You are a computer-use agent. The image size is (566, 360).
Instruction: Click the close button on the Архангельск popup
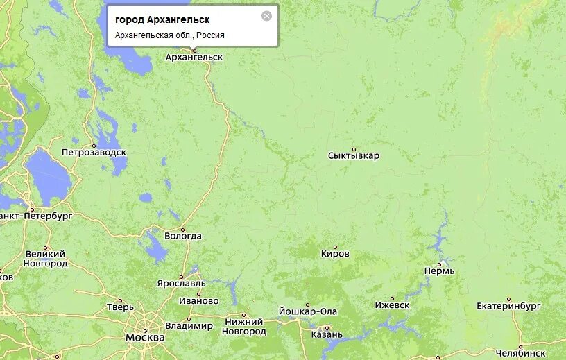(266, 16)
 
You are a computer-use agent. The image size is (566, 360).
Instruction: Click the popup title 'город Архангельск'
(162, 19)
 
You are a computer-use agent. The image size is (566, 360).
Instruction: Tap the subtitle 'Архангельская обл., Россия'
(170, 35)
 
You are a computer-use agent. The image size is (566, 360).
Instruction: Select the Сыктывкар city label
(354, 156)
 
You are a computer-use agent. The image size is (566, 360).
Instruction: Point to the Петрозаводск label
(94, 152)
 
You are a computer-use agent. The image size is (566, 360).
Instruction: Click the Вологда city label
(183, 236)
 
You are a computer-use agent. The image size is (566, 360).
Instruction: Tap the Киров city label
(336, 254)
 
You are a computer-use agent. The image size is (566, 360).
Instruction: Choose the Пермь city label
(440, 271)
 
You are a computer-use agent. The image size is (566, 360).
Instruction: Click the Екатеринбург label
(508, 306)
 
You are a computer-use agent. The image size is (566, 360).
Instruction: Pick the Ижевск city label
(392, 305)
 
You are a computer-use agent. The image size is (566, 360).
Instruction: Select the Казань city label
(327, 334)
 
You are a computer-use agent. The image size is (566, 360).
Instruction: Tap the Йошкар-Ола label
(307, 311)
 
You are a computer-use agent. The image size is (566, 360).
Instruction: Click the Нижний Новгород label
(243, 327)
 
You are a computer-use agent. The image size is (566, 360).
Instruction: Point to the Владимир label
(189, 326)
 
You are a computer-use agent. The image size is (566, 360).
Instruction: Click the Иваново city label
(198, 301)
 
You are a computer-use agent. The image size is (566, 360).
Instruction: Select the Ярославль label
(181, 284)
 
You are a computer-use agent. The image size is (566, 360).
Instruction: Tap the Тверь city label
(120, 307)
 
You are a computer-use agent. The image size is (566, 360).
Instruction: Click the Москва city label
(145, 338)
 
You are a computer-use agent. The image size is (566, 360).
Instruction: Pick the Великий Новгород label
(45, 259)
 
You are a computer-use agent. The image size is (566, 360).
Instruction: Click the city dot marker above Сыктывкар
(354, 148)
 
